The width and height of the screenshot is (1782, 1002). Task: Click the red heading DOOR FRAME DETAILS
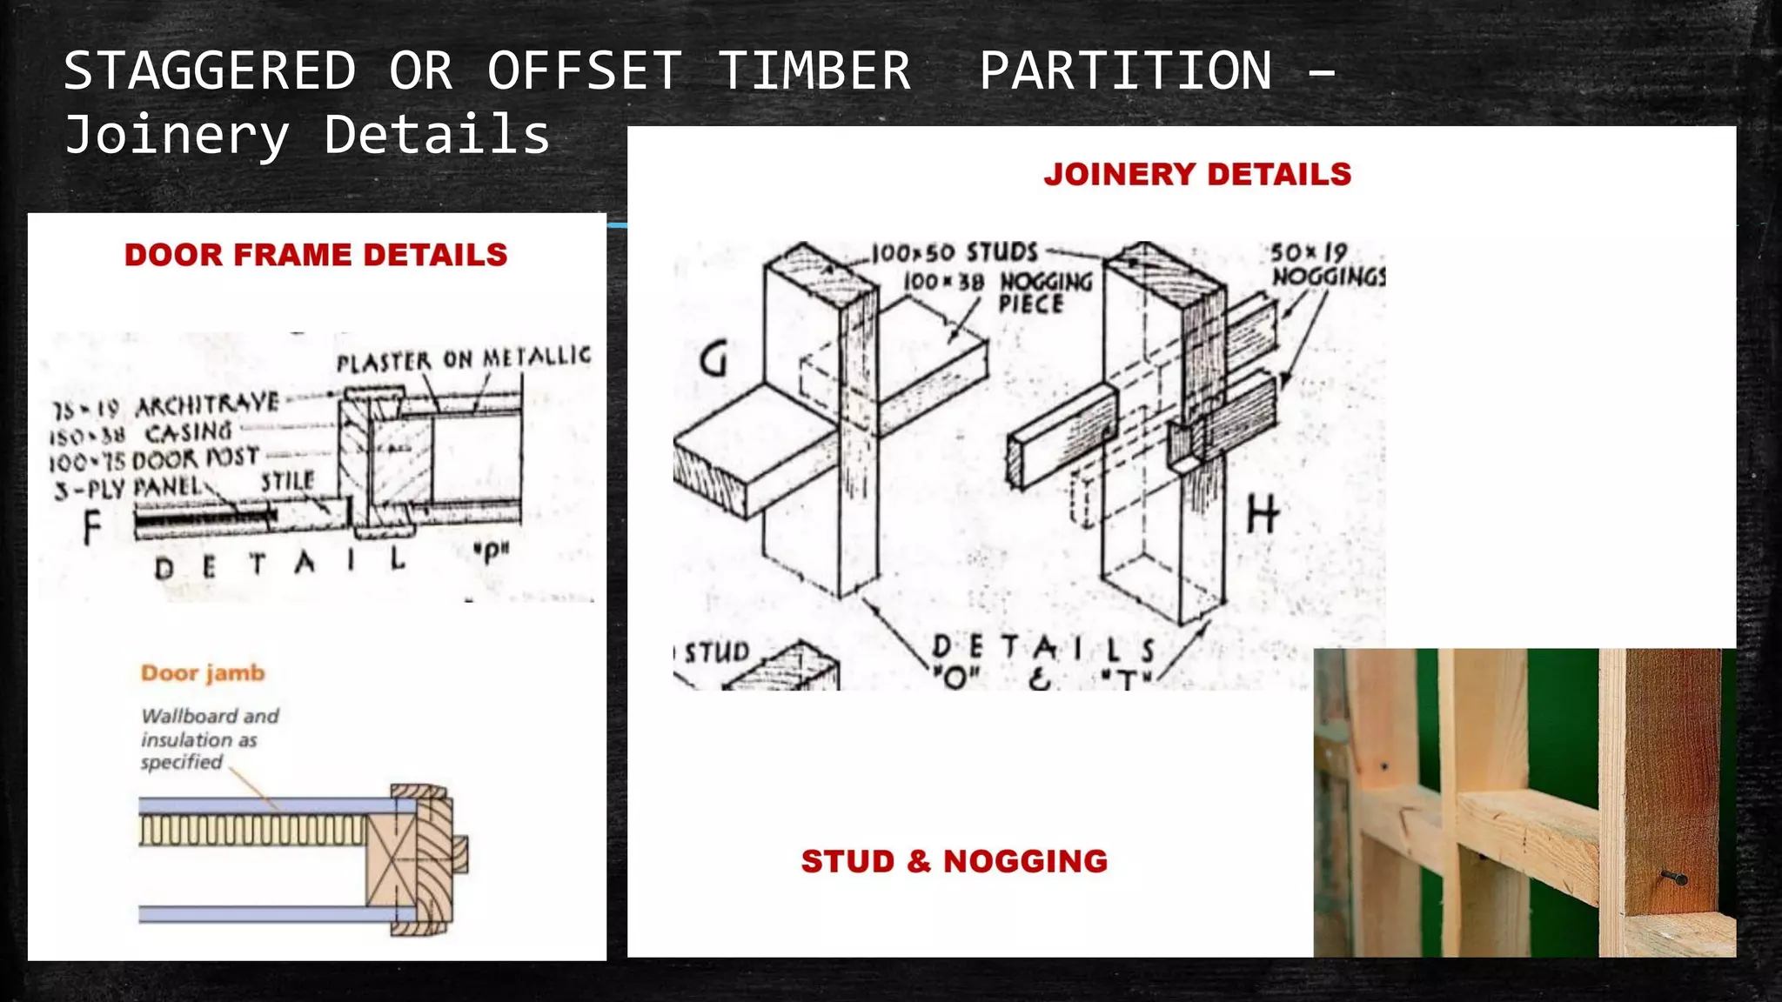pos(315,255)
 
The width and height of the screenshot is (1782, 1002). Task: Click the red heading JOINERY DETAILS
pos(1197,174)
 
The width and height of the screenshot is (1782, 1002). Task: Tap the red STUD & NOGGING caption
pos(954,861)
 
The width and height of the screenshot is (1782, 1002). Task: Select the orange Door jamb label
pos(202,673)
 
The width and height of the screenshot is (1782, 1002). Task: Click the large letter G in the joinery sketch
pos(713,358)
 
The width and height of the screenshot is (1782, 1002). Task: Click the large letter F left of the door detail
pos(91,528)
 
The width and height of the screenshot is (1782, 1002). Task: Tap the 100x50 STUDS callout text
pos(955,253)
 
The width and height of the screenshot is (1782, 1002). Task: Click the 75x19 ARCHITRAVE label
pos(165,406)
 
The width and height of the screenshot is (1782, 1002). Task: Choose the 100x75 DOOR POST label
pos(153,459)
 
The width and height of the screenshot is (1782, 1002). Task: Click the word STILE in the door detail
pos(287,481)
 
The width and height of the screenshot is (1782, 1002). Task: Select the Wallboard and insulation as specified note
pos(209,738)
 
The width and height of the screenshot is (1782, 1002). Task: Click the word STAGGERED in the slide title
pos(210,70)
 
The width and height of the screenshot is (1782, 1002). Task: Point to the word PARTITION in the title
pos(1125,70)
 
